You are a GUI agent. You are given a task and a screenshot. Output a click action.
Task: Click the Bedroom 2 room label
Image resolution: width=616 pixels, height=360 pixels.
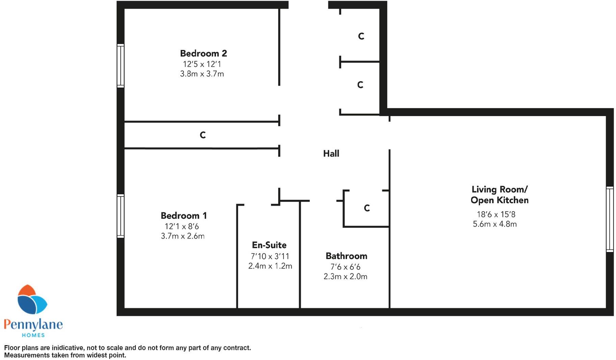point(203,53)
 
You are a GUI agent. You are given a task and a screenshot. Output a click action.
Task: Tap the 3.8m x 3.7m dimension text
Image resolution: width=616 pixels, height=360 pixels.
point(202,74)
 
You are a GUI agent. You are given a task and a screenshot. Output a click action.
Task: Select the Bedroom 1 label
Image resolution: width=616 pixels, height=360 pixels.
point(184,216)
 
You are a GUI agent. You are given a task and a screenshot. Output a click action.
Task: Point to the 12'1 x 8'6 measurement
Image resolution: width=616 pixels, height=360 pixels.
point(182,226)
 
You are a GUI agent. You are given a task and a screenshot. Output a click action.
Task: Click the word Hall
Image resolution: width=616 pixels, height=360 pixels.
point(331,154)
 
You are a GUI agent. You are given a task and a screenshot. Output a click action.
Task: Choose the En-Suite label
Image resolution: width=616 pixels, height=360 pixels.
point(269,245)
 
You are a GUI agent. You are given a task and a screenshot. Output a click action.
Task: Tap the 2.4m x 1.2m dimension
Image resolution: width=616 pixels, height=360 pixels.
point(270,266)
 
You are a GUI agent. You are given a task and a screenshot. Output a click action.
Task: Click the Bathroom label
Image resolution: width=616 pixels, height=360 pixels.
point(346,256)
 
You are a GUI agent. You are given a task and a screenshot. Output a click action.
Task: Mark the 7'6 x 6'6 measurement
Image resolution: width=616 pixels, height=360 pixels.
point(345,267)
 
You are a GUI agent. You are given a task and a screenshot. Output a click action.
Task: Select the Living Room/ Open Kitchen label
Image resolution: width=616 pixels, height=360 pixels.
point(499,195)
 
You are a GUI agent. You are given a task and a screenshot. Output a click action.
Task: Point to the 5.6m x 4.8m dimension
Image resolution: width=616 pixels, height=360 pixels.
point(494,224)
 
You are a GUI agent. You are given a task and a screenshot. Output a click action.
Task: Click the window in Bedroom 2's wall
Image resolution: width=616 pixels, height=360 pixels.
point(120,65)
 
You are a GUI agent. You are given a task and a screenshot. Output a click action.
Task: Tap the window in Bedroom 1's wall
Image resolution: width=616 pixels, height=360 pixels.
point(120,216)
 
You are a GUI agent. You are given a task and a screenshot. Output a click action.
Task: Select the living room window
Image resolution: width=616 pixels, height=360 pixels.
point(610,219)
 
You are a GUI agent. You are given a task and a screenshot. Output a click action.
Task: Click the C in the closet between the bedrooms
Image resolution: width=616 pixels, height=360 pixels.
point(203,135)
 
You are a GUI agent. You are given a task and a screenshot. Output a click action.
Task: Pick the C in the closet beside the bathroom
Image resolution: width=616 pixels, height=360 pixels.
point(367,208)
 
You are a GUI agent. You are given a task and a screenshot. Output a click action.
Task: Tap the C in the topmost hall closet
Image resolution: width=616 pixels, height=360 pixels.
point(361,36)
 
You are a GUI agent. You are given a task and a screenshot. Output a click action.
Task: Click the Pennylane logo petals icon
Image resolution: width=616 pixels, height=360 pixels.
point(32,300)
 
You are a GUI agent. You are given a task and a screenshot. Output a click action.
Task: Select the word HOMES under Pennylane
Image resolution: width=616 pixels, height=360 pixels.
point(33,335)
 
